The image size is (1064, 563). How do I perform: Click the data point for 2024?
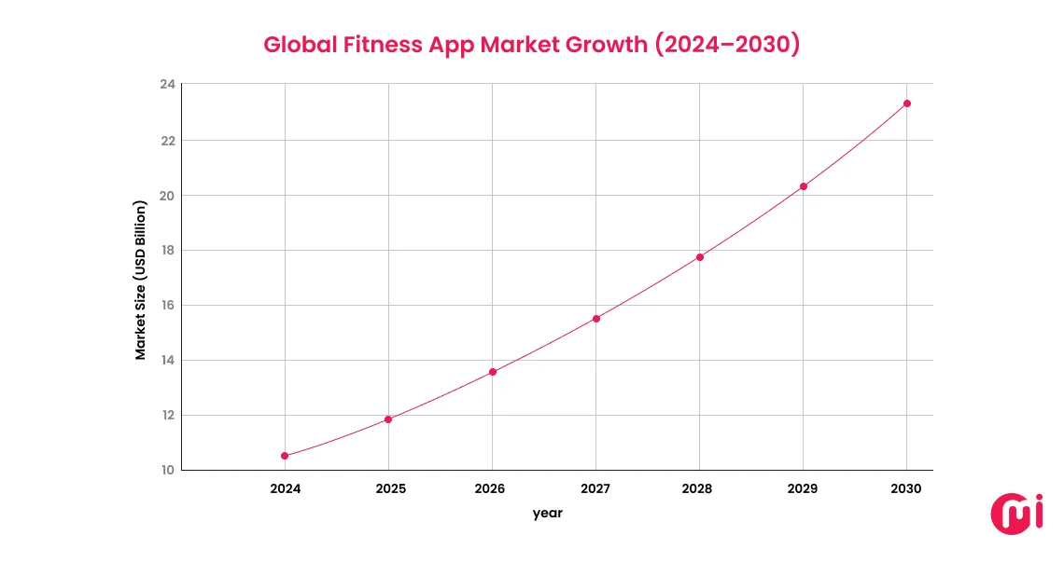pyautogui.click(x=285, y=456)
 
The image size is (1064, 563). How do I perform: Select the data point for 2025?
pyautogui.click(x=388, y=419)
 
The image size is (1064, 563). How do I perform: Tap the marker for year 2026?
pyautogui.click(x=493, y=372)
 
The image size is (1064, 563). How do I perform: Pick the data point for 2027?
pyautogui.click(x=596, y=319)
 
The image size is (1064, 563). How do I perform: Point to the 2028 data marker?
pyautogui.click(x=700, y=257)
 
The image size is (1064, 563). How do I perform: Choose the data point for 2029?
pyautogui.click(x=804, y=186)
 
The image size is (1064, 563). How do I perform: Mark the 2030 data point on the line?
pyautogui.click(x=907, y=103)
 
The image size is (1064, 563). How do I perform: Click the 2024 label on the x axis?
pyautogui.click(x=284, y=489)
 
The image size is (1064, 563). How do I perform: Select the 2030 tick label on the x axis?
pyautogui.click(x=905, y=489)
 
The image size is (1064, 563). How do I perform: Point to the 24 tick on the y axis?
pyautogui.click(x=167, y=86)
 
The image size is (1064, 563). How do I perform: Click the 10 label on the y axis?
pyautogui.click(x=167, y=471)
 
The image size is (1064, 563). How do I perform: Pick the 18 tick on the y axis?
pyautogui.click(x=167, y=251)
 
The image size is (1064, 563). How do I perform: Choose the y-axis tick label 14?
pyautogui.click(x=167, y=361)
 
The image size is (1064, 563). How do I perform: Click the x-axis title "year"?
pyautogui.click(x=548, y=514)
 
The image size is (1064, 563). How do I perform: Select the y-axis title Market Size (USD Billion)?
pyautogui.click(x=141, y=280)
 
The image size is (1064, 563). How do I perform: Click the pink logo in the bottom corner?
pyautogui.click(x=1015, y=515)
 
